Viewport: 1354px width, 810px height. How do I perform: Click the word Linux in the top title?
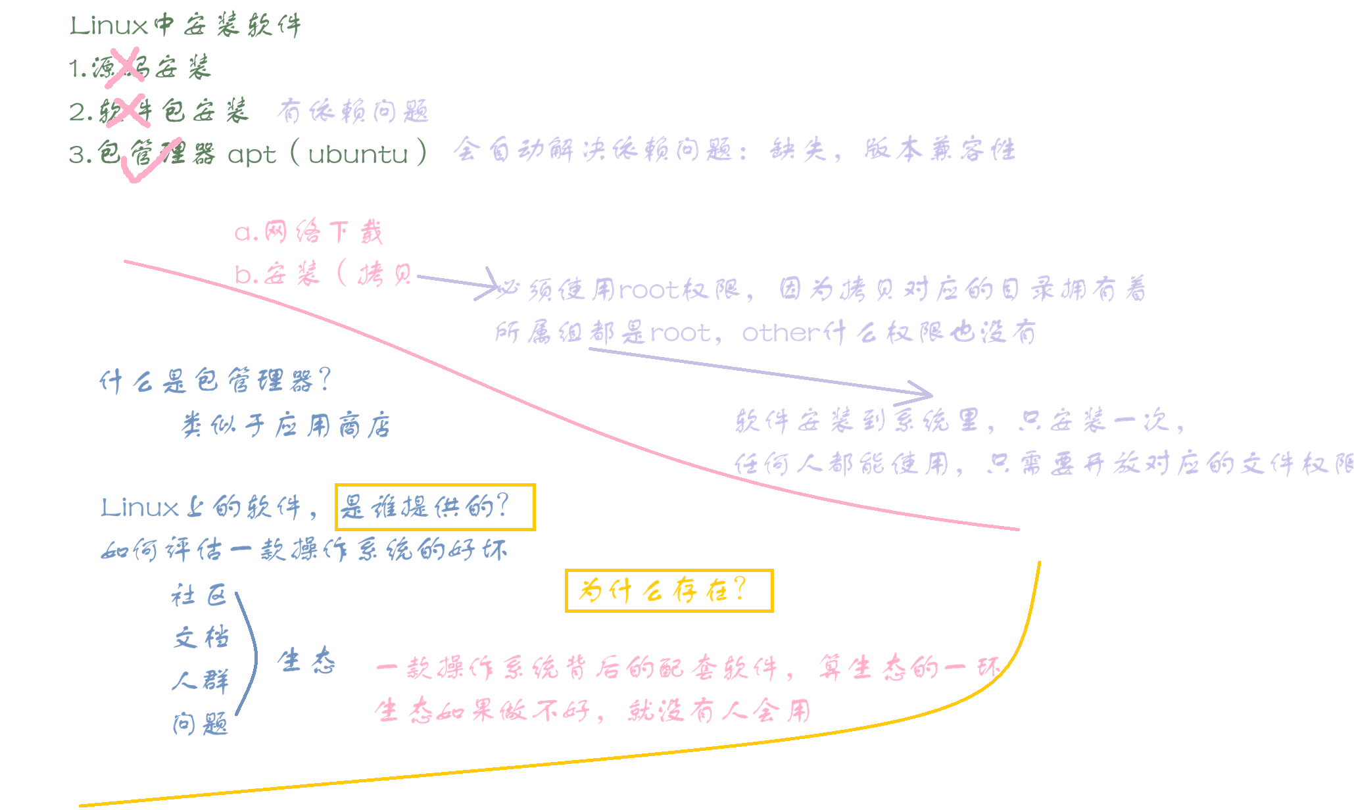109,26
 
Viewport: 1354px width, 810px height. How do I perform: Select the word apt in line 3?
252,156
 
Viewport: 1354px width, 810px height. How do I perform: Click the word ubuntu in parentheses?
358,155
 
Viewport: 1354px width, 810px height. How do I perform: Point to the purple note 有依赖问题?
353,111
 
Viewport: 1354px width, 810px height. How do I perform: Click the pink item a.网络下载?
308,232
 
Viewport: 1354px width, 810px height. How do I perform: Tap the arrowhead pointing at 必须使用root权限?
491,285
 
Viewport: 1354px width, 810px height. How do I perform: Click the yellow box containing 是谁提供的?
435,507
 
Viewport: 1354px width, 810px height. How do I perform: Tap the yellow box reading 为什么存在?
669,590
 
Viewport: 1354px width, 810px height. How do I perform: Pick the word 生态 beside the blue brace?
306,661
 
